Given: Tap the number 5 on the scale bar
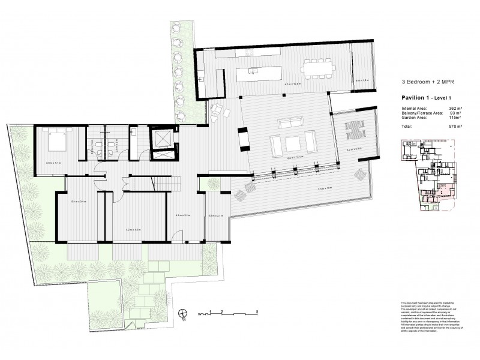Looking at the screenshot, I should click(257, 311).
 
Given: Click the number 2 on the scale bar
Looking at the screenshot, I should click(223, 311).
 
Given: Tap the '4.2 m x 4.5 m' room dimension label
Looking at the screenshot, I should click(133, 230).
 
